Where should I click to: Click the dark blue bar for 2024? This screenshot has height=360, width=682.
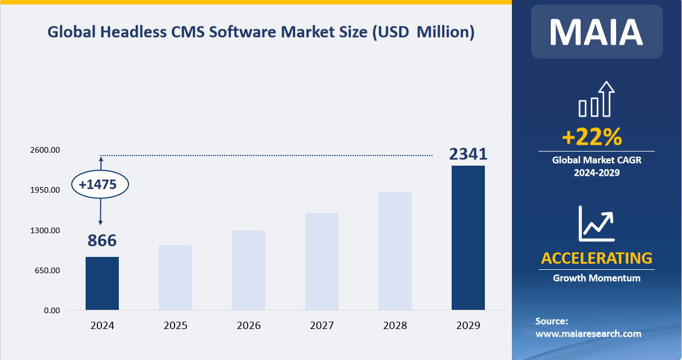(102, 283)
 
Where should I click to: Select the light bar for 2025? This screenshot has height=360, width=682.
(175, 277)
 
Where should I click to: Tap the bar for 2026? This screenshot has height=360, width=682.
(248, 270)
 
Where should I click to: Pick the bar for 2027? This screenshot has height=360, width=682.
(322, 261)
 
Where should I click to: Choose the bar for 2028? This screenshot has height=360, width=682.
(395, 251)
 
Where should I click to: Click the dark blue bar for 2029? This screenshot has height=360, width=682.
(468, 238)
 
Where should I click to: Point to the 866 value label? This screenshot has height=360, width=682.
(102, 241)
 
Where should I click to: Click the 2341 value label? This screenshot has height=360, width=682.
(468, 154)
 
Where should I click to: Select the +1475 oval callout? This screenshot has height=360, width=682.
(100, 184)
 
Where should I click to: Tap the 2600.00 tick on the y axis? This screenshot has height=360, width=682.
(46, 150)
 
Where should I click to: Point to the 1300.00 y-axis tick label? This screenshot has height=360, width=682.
(46, 230)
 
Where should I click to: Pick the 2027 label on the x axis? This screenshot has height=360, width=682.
(322, 326)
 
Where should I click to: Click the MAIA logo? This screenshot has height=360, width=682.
(596, 32)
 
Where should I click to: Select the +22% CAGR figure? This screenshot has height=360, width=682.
(591, 137)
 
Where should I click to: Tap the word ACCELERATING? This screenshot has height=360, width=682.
(596, 258)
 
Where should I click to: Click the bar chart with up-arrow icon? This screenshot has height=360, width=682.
(596, 100)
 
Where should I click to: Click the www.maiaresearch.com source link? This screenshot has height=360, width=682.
(588, 334)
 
